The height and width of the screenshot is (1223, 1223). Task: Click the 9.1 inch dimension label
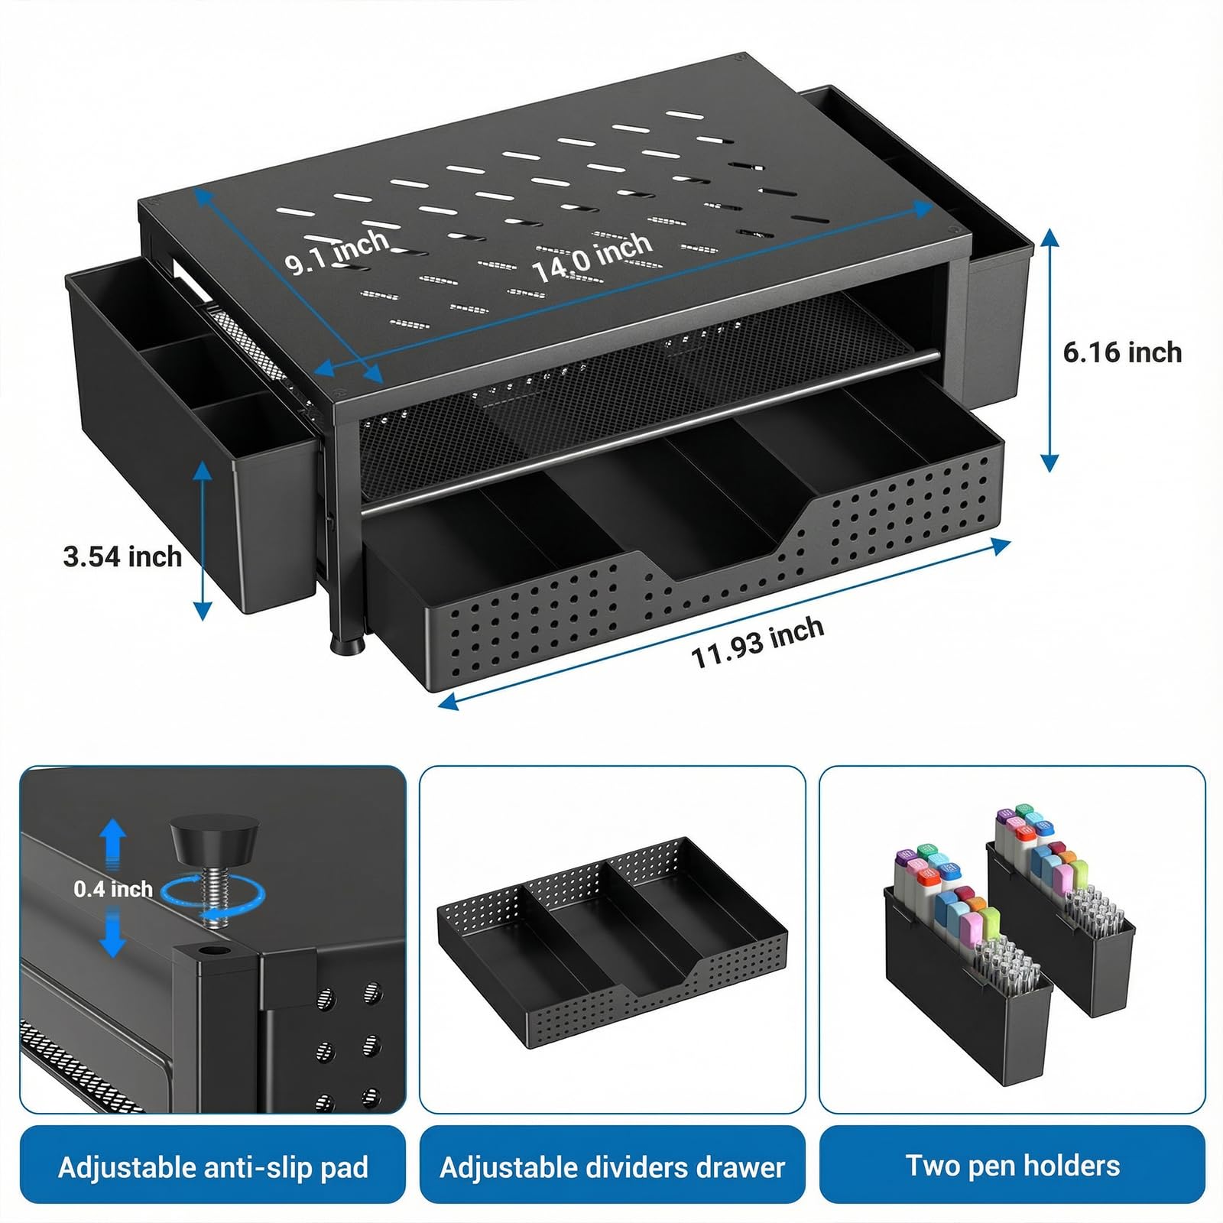[x=337, y=251]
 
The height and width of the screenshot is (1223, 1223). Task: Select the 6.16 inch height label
[x=1122, y=352]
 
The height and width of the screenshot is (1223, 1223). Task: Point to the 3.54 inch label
[x=122, y=556]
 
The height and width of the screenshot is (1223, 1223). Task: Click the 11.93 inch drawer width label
[x=757, y=642]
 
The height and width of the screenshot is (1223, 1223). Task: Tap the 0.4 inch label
[x=113, y=889]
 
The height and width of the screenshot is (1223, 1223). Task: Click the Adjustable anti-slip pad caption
[x=213, y=1167]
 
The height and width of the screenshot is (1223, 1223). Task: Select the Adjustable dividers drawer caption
[x=612, y=1167]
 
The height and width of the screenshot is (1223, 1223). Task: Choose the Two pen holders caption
[x=1013, y=1166]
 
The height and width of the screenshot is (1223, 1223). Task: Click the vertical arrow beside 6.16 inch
[x=1050, y=349]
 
